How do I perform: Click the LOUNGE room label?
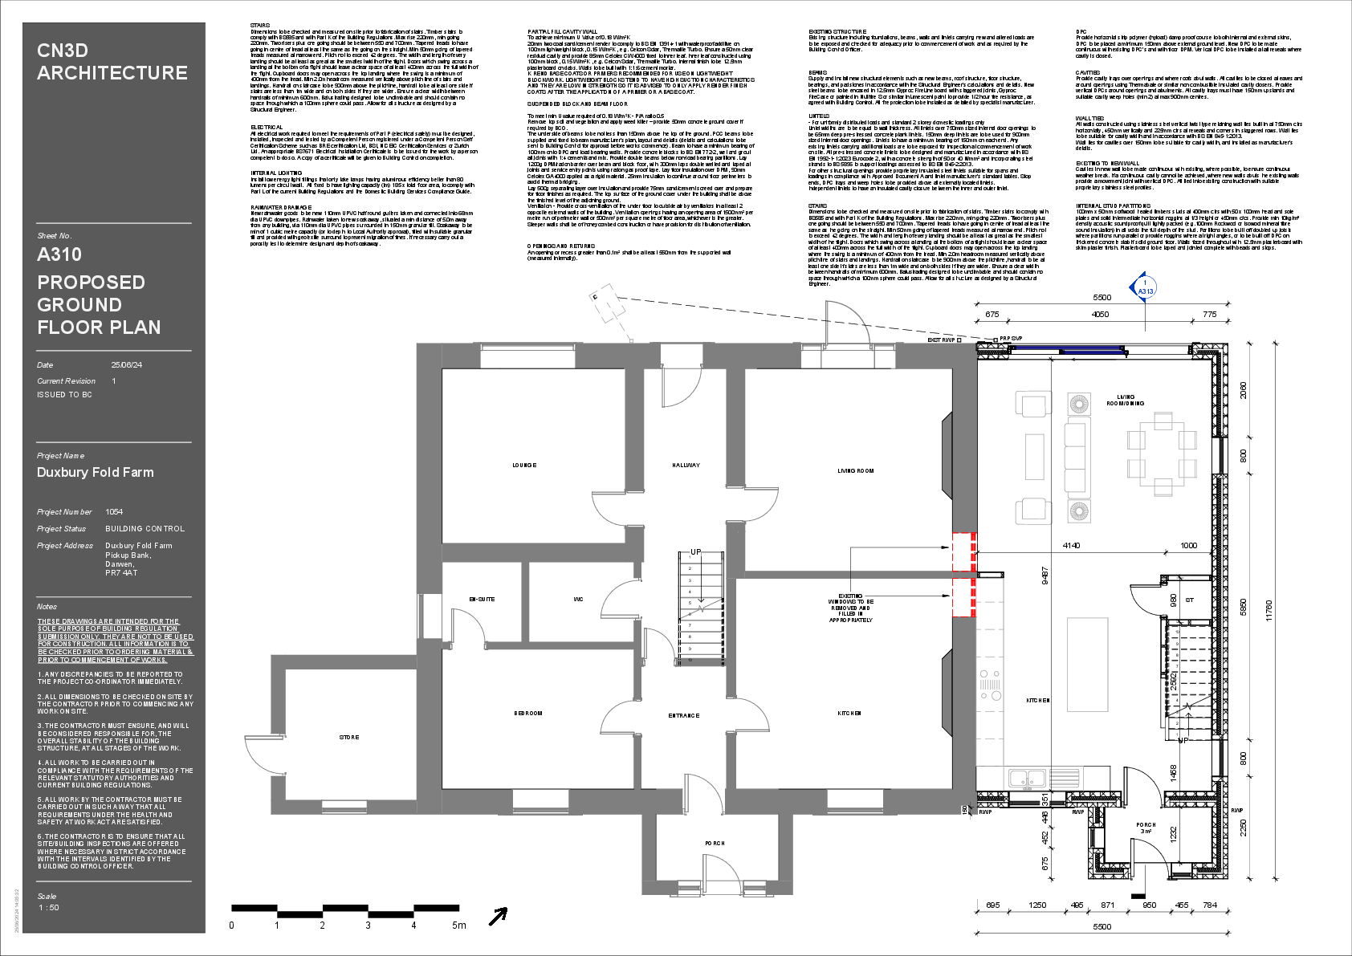pos(524,466)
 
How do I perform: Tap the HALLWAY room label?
pos(686,466)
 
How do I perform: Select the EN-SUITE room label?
pos(482,600)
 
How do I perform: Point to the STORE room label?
pos(349,738)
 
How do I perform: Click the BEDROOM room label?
pos(528,714)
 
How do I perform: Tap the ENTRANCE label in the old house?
pos(684,716)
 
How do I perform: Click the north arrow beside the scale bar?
pos(499,916)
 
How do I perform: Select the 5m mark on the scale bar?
pos(458,925)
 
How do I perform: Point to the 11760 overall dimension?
pos(1269,616)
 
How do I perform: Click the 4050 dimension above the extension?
pos(1100,315)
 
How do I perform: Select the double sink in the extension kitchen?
pos(1027,778)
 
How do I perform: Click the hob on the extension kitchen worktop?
pos(989,685)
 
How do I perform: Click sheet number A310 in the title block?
pos(59,255)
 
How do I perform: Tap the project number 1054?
pos(114,512)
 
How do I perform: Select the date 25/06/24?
pos(126,365)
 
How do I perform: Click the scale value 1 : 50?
pos(49,908)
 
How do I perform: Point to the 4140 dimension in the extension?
pos(1071,546)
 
